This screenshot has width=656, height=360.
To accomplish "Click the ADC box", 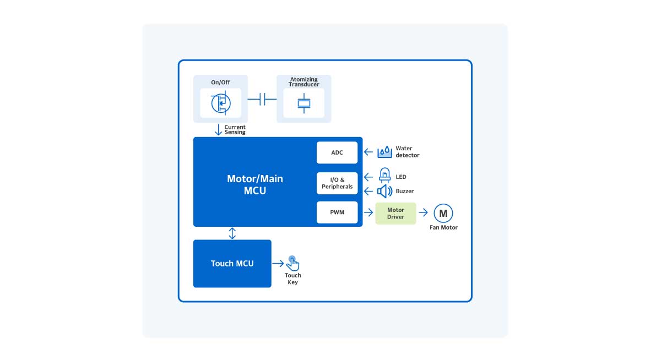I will [337, 152].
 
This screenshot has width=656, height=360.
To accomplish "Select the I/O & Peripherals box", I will [337, 183].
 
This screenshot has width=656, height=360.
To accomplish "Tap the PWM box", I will [337, 212].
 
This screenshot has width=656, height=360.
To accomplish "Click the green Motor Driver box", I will [395, 213].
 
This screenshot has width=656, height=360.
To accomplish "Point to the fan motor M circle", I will [443, 213].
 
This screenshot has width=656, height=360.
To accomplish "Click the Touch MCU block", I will [232, 263].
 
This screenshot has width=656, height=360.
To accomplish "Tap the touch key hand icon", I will [293, 263].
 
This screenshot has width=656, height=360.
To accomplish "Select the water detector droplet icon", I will [384, 151].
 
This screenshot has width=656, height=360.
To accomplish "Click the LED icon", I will [384, 176].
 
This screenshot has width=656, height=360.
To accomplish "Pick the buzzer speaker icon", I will [384, 191].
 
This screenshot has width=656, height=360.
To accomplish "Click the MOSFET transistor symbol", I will [220, 102].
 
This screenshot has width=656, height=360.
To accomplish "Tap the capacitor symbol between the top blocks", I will [262, 99].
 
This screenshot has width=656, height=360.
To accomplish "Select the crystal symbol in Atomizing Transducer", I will [303, 102].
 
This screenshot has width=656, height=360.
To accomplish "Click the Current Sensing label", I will [235, 130].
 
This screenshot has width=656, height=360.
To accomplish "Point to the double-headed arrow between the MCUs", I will [232, 233].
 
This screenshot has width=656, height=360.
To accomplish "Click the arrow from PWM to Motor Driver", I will [368, 213].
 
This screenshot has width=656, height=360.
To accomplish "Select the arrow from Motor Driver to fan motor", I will [423, 213].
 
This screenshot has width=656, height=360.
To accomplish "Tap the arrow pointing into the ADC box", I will [368, 152].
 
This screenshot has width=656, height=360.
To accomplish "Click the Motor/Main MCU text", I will [255, 185].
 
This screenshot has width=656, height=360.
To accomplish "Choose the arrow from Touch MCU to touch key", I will [278, 263].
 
